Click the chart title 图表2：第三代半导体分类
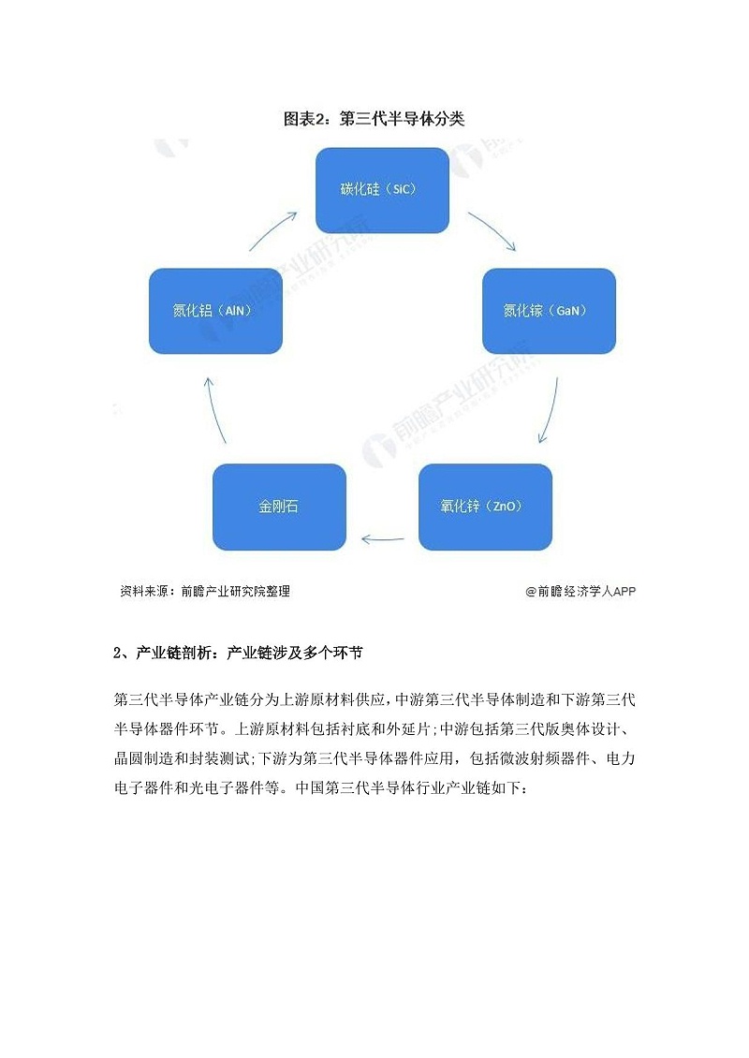point(374,119)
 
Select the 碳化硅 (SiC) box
point(382,190)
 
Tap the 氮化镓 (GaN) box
point(549,311)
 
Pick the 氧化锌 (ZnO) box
point(485,507)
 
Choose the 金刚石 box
point(279,507)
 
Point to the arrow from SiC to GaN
point(492,230)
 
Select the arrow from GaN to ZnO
point(551,410)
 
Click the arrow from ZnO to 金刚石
point(383,538)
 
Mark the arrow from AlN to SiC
point(273,230)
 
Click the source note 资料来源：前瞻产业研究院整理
point(205,591)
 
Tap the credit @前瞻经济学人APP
point(580,591)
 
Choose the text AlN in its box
point(234,311)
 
